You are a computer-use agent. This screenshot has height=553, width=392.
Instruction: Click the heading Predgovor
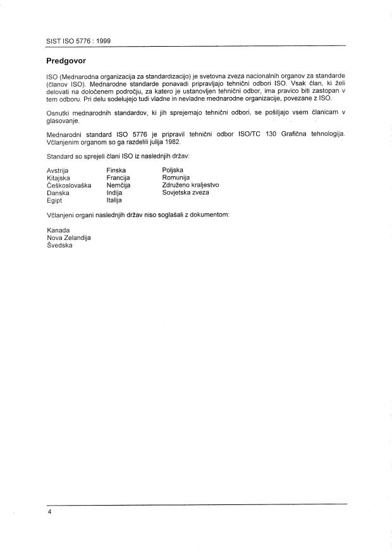66,61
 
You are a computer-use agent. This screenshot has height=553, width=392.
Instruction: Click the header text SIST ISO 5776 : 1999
78,40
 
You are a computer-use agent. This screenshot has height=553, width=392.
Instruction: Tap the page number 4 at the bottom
49,512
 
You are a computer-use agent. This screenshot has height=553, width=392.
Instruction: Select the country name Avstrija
58,170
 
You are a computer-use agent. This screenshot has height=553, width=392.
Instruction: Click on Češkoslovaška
69,186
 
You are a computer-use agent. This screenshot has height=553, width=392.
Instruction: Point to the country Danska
58,193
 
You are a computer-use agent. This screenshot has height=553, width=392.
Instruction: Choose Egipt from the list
56,201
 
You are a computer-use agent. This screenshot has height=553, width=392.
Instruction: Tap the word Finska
116,170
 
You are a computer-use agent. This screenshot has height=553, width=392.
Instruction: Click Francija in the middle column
118,178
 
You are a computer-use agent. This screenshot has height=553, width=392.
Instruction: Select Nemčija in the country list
118,186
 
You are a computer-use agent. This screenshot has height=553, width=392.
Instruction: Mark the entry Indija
114,193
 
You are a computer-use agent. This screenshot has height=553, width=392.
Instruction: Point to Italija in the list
115,201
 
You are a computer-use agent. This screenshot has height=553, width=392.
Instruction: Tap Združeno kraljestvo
190,186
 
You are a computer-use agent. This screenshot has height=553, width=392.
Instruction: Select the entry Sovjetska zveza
185,193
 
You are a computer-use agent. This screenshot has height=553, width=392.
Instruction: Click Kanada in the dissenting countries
58,230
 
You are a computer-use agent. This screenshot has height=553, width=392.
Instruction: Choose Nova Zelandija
69,238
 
